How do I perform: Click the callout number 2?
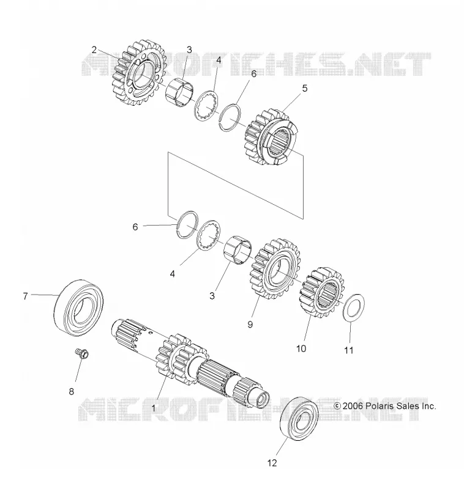point(94,50)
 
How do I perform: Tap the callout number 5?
point(304,88)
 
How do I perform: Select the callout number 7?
point(25,296)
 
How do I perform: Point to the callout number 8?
point(71,391)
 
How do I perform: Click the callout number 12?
point(272,463)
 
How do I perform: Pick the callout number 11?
point(348,350)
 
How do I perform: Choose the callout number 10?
point(301,348)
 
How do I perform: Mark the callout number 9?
point(250,325)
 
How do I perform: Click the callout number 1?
point(153,408)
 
